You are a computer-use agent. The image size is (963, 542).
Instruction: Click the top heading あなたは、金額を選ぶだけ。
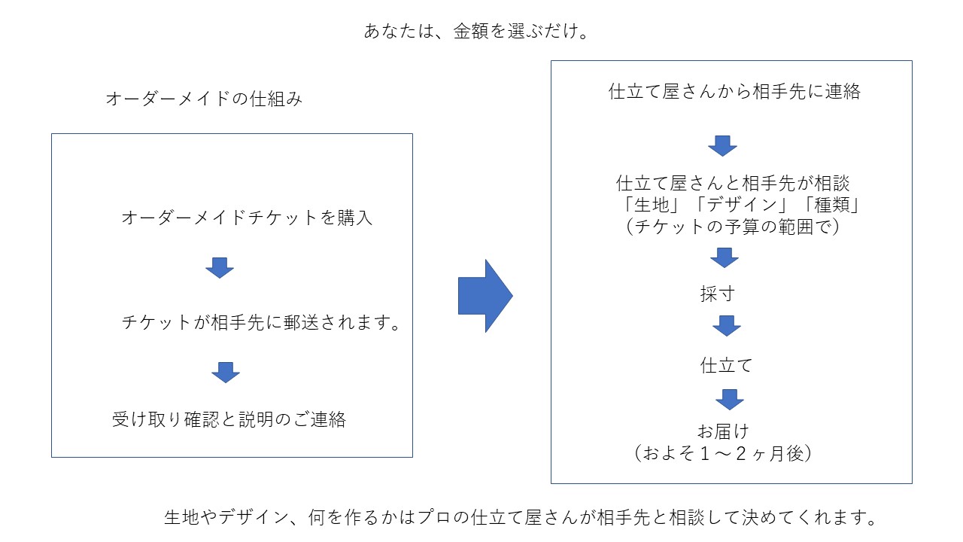[x=475, y=32]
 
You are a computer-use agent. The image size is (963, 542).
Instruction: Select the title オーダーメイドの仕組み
[x=204, y=99]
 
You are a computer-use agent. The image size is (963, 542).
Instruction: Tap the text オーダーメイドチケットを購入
[x=247, y=218]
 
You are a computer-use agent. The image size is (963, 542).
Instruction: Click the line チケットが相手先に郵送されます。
[x=260, y=323]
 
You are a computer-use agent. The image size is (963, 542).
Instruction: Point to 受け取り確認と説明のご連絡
[x=229, y=419]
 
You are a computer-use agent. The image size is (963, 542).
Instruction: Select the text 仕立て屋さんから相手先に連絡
[x=734, y=92]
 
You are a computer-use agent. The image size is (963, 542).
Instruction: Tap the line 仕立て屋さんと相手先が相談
[x=733, y=183]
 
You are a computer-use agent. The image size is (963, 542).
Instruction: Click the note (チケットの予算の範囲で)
[x=733, y=226]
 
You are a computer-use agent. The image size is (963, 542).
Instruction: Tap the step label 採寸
[x=717, y=294]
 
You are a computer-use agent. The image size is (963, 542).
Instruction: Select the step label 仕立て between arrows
[x=726, y=366]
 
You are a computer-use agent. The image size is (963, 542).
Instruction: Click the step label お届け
[x=722, y=431]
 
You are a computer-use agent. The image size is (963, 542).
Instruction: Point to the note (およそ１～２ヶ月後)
[x=722, y=453]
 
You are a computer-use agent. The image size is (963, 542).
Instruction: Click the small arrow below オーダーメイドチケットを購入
[x=220, y=267]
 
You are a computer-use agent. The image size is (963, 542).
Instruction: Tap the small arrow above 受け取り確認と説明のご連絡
[x=225, y=372]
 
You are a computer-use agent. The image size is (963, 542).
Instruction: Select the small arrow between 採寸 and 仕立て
[x=727, y=326]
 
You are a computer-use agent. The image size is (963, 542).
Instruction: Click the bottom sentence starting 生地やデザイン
[x=521, y=518]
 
